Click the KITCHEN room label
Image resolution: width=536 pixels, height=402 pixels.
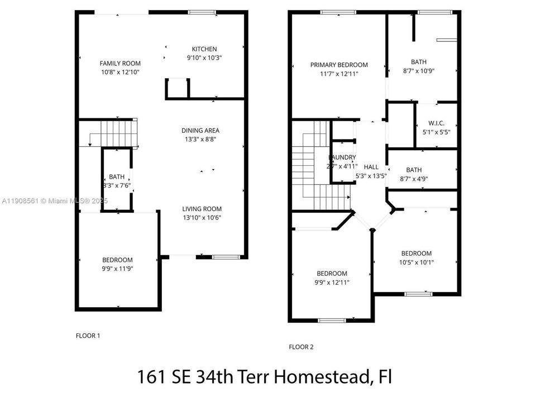click(204, 49)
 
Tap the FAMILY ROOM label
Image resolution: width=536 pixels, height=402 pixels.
click(120, 64)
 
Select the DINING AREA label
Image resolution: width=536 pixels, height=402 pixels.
click(200, 131)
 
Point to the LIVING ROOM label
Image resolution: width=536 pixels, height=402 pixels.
click(202, 209)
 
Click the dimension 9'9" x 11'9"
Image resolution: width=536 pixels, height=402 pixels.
click(117, 269)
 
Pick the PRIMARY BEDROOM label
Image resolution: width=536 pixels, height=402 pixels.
click(339, 65)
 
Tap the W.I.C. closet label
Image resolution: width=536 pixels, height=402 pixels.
click(435, 123)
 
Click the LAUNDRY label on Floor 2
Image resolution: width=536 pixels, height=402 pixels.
click(342, 158)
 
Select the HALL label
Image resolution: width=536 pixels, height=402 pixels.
click(371, 167)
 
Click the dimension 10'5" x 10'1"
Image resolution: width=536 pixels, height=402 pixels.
click(416, 262)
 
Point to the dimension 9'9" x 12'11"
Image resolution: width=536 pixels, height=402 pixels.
click(332, 283)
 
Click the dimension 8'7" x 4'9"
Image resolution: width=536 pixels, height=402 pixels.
click(414, 179)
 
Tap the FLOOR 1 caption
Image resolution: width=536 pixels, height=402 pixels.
click(88, 336)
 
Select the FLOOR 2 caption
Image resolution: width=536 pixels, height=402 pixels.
click(301, 347)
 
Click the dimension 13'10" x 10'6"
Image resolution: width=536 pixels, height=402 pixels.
click(202, 218)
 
